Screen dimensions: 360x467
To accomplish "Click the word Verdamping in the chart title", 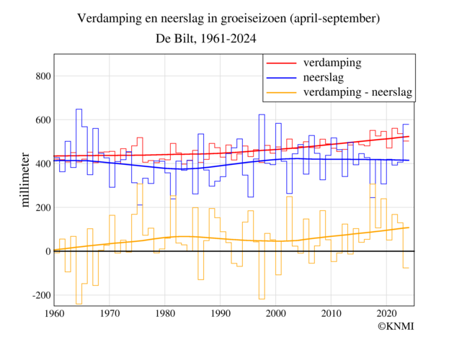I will [x=107, y=17].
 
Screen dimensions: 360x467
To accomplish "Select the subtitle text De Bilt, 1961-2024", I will [x=206, y=39].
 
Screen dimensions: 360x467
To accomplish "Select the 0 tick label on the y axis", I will [x=46, y=251].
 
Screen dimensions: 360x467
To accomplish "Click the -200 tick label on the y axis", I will [x=37, y=295].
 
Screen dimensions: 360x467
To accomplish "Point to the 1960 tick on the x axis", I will [x=54, y=313].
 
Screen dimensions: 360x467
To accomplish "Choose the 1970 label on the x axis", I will [x=110, y=313].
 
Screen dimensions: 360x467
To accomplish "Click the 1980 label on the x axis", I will [x=165, y=313].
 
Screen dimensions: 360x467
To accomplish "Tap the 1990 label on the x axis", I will [x=221, y=313].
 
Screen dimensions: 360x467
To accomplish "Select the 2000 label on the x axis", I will [x=276, y=313].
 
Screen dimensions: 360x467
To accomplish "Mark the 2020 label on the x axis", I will [x=387, y=313].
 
